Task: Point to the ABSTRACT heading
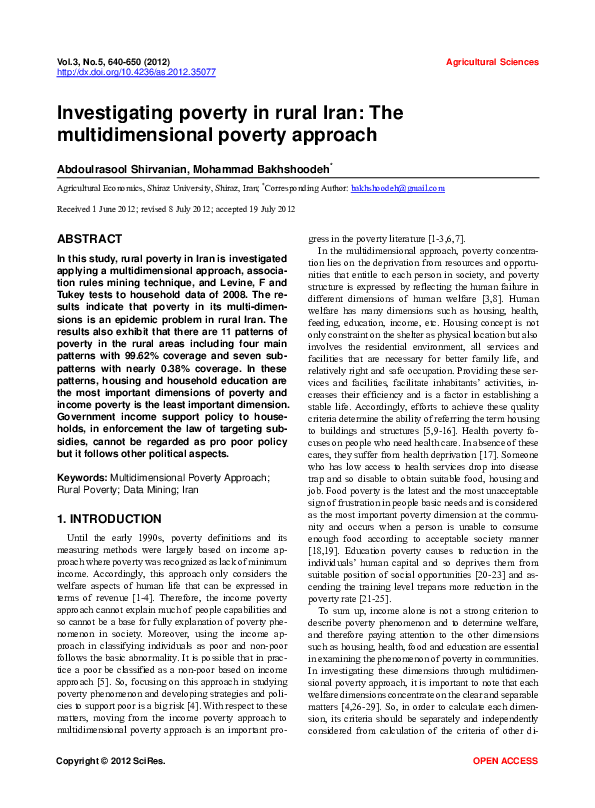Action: (90, 240)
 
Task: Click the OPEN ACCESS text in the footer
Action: (505, 790)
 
